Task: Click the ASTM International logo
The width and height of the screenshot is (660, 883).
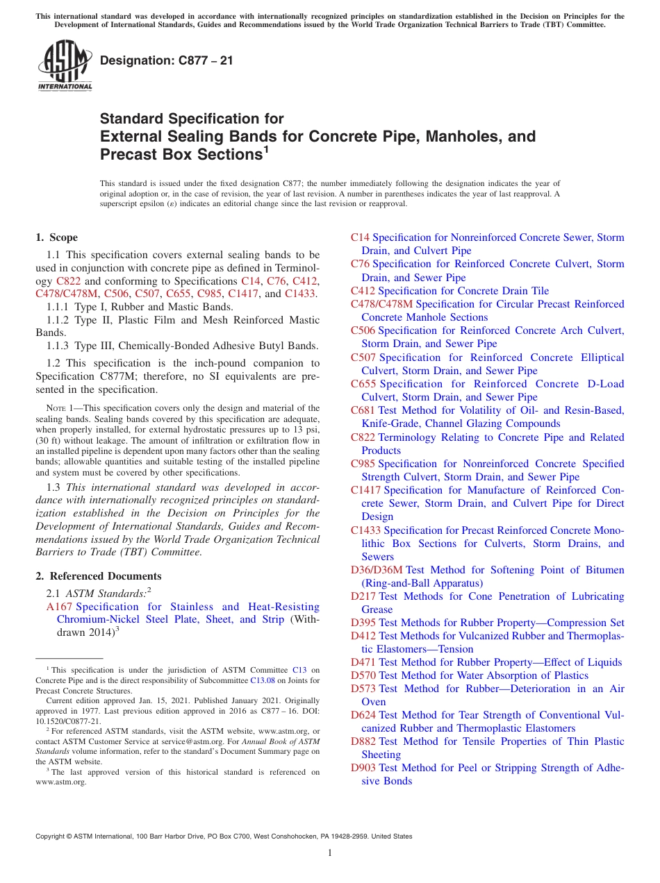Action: click(65, 65)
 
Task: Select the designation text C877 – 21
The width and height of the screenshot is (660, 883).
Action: click(167, 61)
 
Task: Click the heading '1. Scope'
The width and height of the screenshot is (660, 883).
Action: click(57, 237)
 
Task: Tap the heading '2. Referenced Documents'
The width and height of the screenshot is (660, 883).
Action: click(98, 576)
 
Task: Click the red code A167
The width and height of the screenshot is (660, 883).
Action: click(59, 607)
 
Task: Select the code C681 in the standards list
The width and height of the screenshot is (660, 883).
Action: click(363, 410)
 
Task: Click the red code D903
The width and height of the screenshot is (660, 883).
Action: click(363, 768)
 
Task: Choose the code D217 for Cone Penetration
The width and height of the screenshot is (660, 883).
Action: click(363, 596)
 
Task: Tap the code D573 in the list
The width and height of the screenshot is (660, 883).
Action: click(363, 689)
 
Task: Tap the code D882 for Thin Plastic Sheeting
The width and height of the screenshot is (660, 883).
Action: click(363, 741)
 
